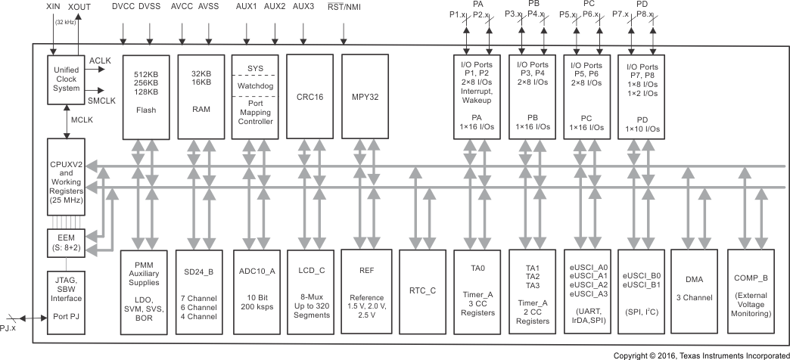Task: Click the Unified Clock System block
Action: [67, 77]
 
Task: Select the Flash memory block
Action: [145, 95]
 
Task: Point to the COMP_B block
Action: [751, 287]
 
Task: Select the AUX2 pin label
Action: [275, 6]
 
